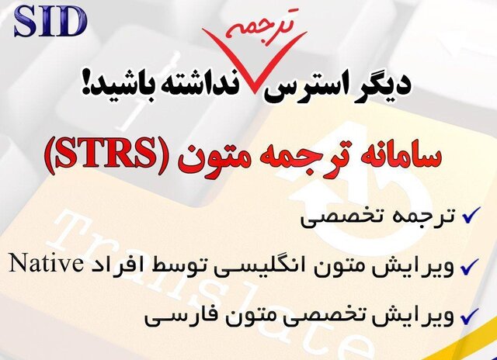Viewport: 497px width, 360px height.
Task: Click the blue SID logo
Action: [50, 22]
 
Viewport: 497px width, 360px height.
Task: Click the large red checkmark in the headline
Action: [254, 61]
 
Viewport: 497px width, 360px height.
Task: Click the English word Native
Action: [44, 264]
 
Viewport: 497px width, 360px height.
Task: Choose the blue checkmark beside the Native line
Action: [470, 267]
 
